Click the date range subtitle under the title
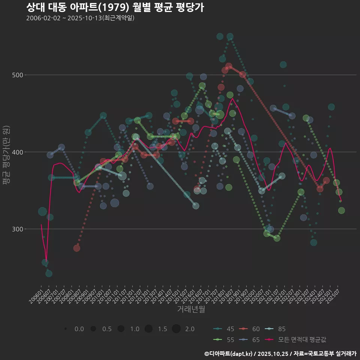pos(80,18)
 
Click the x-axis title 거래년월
pos(191,309)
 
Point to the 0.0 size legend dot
pos(66,329)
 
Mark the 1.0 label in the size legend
pos(135,329)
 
